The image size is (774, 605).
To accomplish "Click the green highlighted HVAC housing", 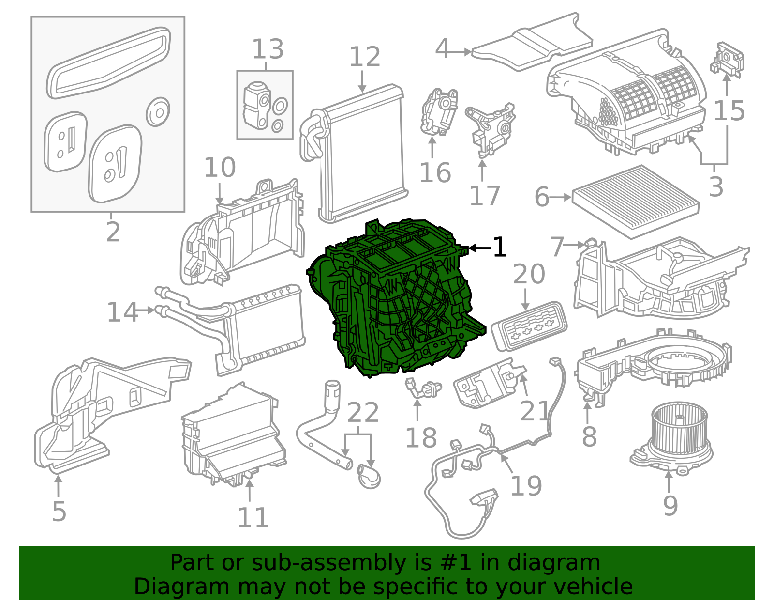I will point(392,300).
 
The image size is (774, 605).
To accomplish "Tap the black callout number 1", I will point(499,248).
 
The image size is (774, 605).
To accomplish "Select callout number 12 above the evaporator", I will point(364,57).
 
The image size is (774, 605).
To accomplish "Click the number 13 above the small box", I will point(268,49).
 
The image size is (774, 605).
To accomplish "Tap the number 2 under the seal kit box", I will point(113,233).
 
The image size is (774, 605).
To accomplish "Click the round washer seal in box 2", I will point(158,112).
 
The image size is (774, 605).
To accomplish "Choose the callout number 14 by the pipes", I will point(122,312).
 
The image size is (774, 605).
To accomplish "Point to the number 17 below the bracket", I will point(484,196).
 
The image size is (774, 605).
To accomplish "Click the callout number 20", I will point(529,275).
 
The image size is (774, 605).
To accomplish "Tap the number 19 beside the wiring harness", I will point(526,486).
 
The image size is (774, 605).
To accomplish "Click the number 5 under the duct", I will point(59,512).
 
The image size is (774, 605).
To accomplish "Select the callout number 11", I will point(253,518).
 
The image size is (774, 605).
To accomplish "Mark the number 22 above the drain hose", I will point(363,413).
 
